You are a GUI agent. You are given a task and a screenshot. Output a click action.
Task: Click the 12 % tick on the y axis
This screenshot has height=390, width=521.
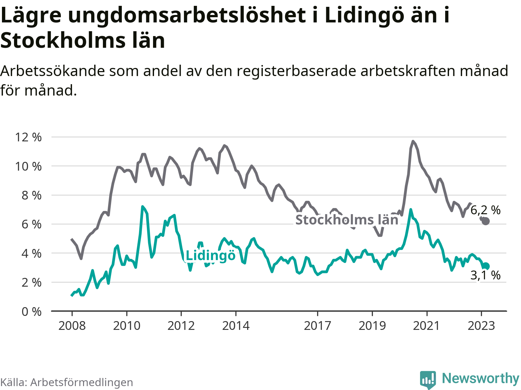coord(28,137)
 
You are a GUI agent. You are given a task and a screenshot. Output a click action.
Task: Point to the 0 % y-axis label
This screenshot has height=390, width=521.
coord(32,312)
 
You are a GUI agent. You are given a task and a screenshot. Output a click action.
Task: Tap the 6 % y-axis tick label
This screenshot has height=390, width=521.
coord(32,224)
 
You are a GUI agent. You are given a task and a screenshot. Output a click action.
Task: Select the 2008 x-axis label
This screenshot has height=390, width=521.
coord(72,325)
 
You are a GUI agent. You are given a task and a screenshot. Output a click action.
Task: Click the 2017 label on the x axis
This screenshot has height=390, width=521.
coord(317,325)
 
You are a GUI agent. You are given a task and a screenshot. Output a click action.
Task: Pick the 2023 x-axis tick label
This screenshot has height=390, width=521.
coord(481,325)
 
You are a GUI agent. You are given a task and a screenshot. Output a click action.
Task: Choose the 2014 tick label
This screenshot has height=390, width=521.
coord(235,325)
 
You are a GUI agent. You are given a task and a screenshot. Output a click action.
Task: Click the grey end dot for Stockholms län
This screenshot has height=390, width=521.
coord(486,221)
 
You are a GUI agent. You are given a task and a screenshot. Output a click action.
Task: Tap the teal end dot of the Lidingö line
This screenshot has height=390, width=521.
coord(486,266)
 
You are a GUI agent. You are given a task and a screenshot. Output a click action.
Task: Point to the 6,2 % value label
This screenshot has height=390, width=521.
coord(485,210)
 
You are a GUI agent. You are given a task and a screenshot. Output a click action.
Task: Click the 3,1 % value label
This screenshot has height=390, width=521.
coord(485,275)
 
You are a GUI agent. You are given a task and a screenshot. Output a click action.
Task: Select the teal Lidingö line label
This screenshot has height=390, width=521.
coord(210,256)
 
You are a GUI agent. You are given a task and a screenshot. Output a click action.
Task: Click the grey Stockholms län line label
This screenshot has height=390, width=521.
coord(347,220)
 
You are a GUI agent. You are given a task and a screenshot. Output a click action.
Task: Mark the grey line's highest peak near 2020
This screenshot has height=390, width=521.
coord(413,141)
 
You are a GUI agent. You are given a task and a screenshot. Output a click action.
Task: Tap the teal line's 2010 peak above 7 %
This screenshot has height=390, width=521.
coord(142,206)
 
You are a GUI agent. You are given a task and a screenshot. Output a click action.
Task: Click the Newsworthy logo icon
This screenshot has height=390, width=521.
coord(428,379)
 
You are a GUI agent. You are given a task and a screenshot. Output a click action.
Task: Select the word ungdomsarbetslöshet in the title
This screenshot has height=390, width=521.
coord(187,15)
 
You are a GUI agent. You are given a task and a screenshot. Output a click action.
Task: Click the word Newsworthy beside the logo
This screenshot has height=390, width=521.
coord(480,379)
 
